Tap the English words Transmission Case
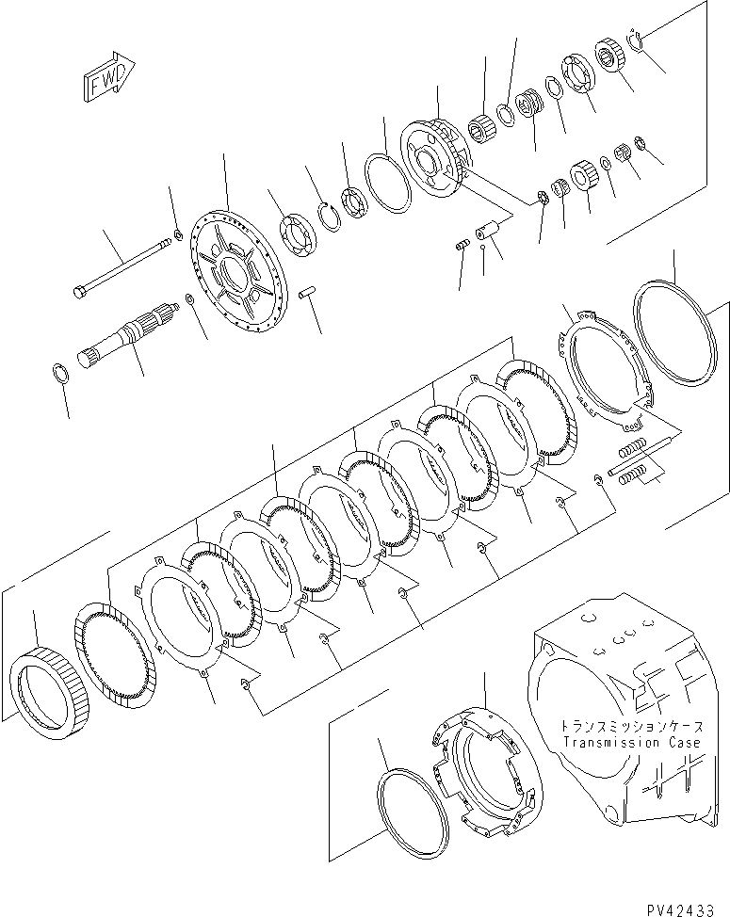[631, 743]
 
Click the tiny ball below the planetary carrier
[482, 247]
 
